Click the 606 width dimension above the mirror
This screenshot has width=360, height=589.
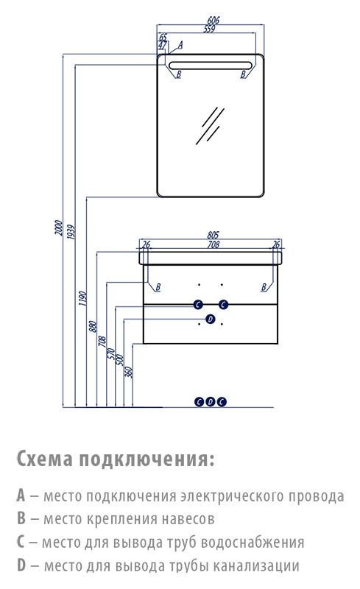click(x=213, y=20)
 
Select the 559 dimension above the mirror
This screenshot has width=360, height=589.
click(x=209, y=29)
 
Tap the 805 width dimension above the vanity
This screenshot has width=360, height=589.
click(x=213, y=235)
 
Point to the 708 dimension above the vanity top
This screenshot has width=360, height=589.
click(x=213, y=244)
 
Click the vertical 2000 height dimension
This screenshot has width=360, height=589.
click(x=59, y=228)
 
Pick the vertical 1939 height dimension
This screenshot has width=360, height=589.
click(x=71, y=232)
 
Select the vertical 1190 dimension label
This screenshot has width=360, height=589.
click(x=82, y=298)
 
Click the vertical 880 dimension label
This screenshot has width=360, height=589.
click(x=93, y=326)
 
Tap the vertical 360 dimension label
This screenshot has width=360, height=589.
click(x=129, y=372)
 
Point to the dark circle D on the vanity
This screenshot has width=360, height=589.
click(x=211, y=320)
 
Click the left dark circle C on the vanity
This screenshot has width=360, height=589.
click(x=198, y=305)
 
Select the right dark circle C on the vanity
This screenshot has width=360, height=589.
click(x=224, y=305)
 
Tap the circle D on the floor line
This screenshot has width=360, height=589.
click(x=211, y=402)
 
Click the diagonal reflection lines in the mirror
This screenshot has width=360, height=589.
click(x=210, y=126)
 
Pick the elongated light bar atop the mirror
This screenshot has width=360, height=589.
click(x=210, y=66)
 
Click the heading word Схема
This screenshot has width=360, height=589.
click(x=45, y=458)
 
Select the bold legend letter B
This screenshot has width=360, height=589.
click(x=21, y=518)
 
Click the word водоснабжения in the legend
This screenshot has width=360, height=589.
click(x=253, y=542)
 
